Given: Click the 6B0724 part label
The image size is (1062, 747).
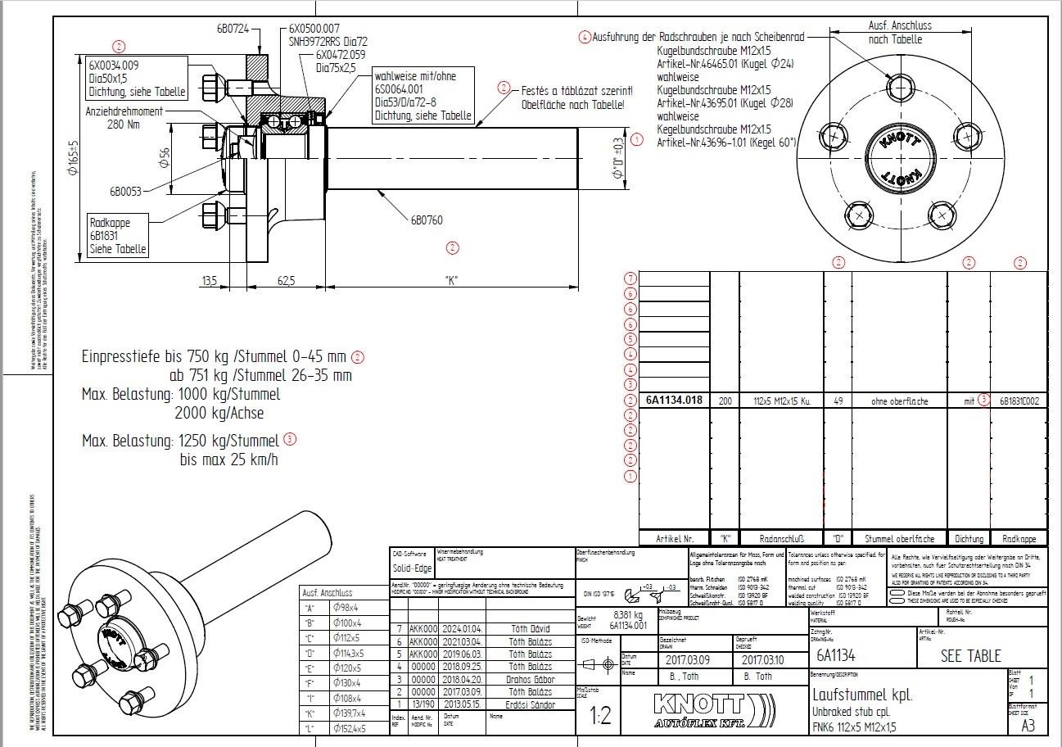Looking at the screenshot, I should click(233, 28).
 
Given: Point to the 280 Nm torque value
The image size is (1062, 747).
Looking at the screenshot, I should click(124, 125).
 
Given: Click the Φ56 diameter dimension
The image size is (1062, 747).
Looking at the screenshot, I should click(164, 158).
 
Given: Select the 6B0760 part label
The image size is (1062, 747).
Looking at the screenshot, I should click(427, 220).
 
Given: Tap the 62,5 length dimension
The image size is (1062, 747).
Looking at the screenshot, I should click(286, 281).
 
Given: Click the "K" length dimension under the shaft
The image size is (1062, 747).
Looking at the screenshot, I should click(451, 281).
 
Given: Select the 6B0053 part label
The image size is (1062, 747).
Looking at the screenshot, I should click(125, 192).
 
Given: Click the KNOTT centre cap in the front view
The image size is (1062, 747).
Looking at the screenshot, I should click(899, 157).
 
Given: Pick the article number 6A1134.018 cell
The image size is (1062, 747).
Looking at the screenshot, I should click(674, 401).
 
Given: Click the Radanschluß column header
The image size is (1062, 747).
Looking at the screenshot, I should click(782, 539).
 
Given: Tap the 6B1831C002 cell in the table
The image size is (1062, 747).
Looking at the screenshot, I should click(1018, 401).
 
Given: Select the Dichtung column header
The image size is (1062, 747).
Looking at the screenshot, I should click(969, 539).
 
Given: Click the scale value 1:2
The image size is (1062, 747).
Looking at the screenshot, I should click(601, 717).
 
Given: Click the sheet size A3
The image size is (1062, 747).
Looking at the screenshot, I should click(1028, 725).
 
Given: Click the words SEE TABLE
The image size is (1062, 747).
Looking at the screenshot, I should click(970, 655).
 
